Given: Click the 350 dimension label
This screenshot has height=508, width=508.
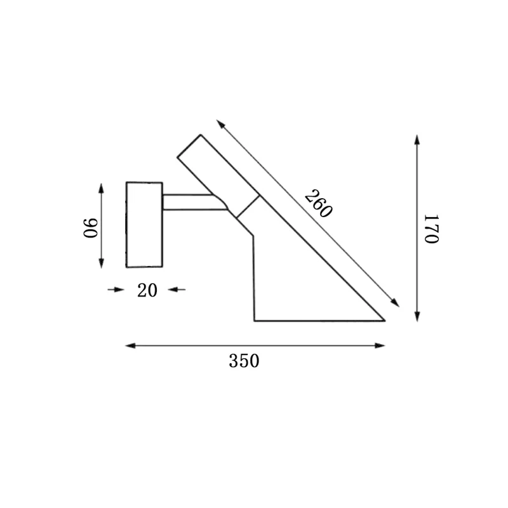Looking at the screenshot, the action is coord(244,361).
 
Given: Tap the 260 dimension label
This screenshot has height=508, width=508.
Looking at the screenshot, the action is coord(319,204).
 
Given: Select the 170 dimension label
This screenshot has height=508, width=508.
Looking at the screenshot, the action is coord(432,229).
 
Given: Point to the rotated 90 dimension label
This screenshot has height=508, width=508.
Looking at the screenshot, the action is coord(90,228).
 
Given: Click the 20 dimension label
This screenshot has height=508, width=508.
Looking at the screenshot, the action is coord(147,290).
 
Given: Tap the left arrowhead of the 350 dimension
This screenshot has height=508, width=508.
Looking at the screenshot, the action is coord(130,345).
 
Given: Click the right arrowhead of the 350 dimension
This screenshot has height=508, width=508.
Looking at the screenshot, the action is coord(380,345).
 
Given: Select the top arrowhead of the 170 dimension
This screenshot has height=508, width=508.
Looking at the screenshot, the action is coord(417,140).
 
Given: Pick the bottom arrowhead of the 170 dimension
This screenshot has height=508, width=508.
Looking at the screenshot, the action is coord(417,316).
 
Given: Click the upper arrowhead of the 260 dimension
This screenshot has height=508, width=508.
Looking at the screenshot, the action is coord(220,124).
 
